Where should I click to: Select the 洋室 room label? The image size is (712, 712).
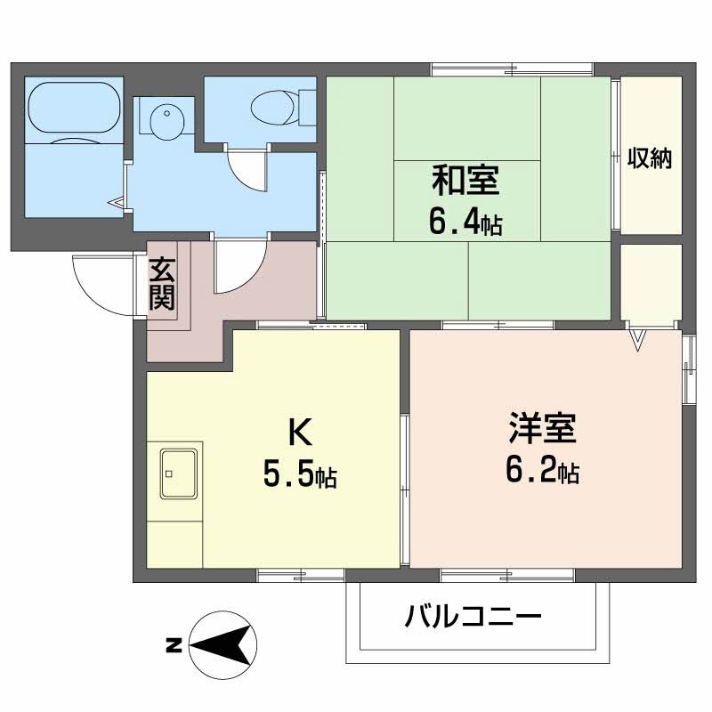[542, 428]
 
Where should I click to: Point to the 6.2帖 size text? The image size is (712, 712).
[542, 472]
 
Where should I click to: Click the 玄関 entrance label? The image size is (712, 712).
[162, 283]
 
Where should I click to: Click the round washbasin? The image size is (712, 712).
[165, 120]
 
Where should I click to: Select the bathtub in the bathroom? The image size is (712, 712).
[73, 110]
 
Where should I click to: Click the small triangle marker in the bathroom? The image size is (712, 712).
[117, 204]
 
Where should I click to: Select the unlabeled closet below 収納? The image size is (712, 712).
[650, 284]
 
